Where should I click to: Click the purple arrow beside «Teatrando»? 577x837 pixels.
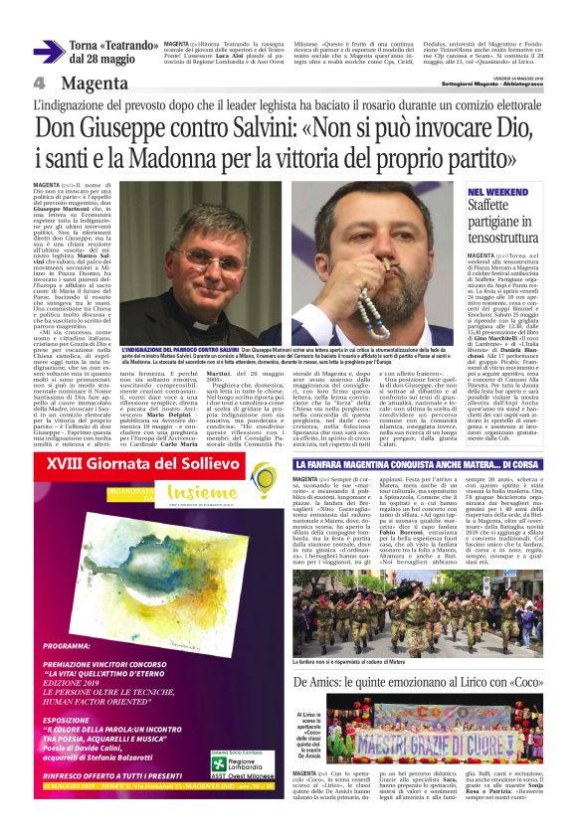[48, 52]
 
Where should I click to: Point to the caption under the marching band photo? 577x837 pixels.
[372, 608]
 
